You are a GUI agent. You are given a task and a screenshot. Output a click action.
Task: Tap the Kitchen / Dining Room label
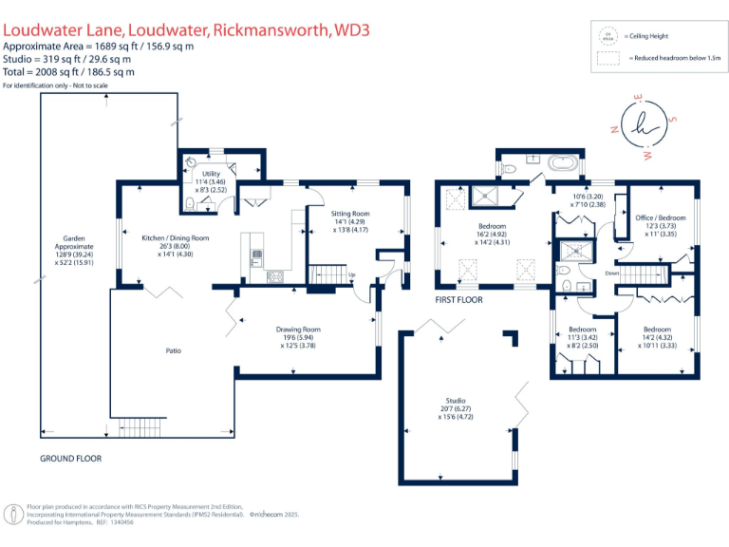(x=175, y=238)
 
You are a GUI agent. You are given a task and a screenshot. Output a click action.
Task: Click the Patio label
(x=174, y=350)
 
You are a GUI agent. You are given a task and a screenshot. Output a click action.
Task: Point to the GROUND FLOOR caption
(x=70, y=458)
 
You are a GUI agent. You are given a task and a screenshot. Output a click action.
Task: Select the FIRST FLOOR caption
(x=459, y=299)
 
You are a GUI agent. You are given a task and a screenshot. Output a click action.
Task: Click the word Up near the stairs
(x=353, y=276)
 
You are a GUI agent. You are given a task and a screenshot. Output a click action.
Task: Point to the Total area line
(x=68, y=71)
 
